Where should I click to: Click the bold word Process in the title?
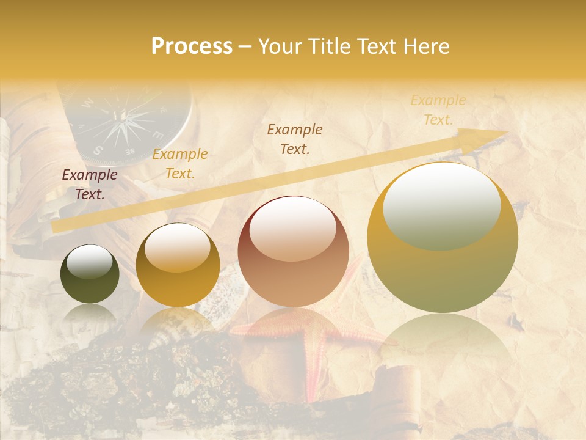point(192,46)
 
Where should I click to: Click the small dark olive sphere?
point(90,274)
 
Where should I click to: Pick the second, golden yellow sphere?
point(178,265)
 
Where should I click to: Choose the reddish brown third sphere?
point(293,251)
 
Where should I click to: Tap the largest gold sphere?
point(443,238)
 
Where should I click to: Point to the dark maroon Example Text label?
point(90,185)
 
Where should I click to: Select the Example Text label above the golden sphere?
point(180,164)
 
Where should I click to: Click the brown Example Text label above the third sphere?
point(295,139)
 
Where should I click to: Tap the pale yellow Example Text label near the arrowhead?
point(438,110)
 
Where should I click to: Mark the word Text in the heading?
point(376,46)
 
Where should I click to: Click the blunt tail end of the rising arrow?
point(54,226)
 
